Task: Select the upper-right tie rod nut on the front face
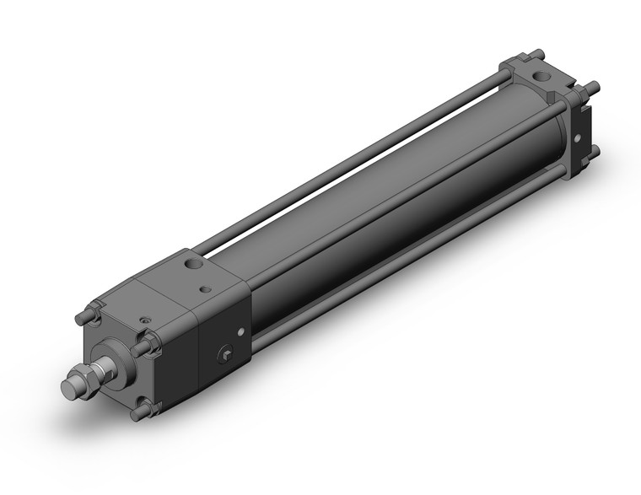point(151,342)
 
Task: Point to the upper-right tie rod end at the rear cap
point(593,86)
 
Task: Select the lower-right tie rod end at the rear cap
point(594,150)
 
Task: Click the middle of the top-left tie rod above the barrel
point(354,156)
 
